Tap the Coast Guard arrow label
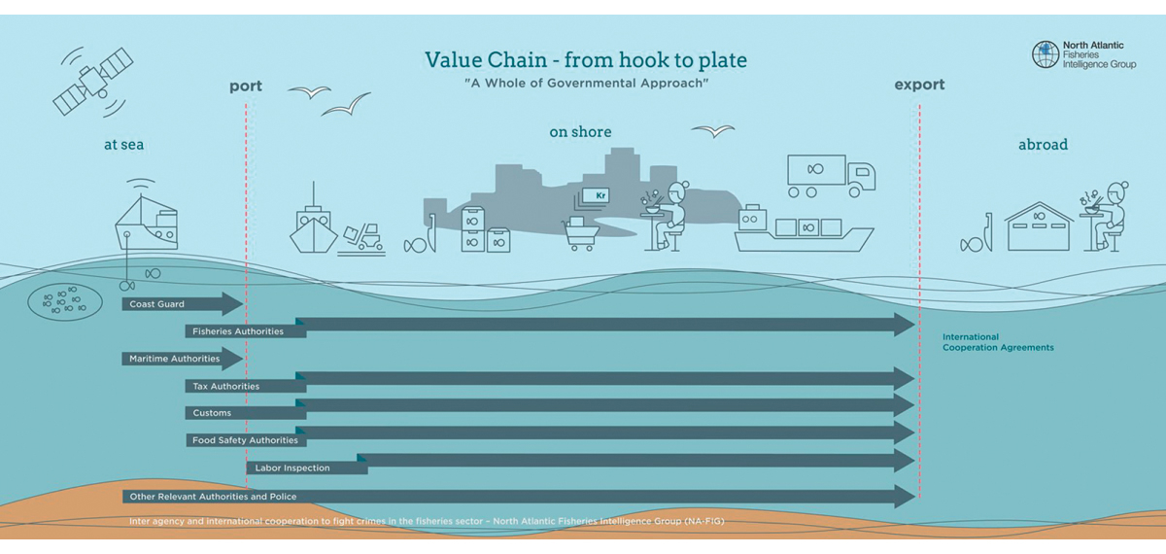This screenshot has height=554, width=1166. (156, 304)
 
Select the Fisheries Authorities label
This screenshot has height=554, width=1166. (238, 331)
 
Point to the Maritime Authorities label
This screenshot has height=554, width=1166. (175, 359)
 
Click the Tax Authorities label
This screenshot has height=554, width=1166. (225, 386)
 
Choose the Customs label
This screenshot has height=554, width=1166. (212, 413)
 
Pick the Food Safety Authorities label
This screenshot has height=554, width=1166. (245, 440)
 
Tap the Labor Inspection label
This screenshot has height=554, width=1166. (292, 467)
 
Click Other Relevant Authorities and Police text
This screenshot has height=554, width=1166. (213, 497)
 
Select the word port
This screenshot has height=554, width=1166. (246, 86)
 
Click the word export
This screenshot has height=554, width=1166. (919, 85)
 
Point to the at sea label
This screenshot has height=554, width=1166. (124, 145)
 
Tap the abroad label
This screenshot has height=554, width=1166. (1043, 145)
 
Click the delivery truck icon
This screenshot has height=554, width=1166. (831, 174)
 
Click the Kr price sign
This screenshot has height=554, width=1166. (595, 195)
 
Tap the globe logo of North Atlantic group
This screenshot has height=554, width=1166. (1046, 54)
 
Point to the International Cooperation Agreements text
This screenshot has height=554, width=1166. (998, 342)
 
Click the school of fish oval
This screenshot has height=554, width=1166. (66, 302)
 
